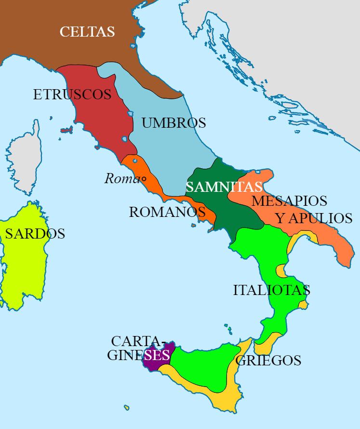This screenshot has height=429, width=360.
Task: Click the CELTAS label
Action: [x=87, y=32]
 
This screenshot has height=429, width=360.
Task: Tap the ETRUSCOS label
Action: [x=72, y=94]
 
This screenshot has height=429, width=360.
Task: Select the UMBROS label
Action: [x=174, y=123]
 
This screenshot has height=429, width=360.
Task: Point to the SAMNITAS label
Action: [x=224, y=187]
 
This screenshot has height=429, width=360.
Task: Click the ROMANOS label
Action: [x=167, y=212]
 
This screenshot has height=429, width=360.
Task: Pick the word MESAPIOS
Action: [x=289, y=201]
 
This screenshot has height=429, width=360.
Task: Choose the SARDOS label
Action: [x=35, y=234]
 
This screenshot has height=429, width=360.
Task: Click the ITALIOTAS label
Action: [x=271, y=291]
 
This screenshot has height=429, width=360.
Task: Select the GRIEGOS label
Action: [x=268, y=361]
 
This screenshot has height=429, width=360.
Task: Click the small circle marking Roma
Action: [x=144, y=179]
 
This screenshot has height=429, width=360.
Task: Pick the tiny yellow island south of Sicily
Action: [x=127, y=408]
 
